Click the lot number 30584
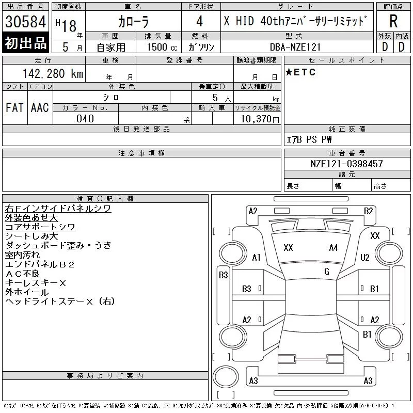[x=25, y=22]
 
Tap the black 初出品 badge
[x=25, y=43]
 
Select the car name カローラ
[x=133, y=22]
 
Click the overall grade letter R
[x=393, y=21]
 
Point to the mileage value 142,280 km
[x=53, y=73]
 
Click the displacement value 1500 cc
[x=162, y=47]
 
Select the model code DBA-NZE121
[x=295, y=47]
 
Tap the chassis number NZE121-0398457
[x=346, y=164]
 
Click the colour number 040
[x=85, y=119]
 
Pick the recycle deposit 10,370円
[x=260, y=119]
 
